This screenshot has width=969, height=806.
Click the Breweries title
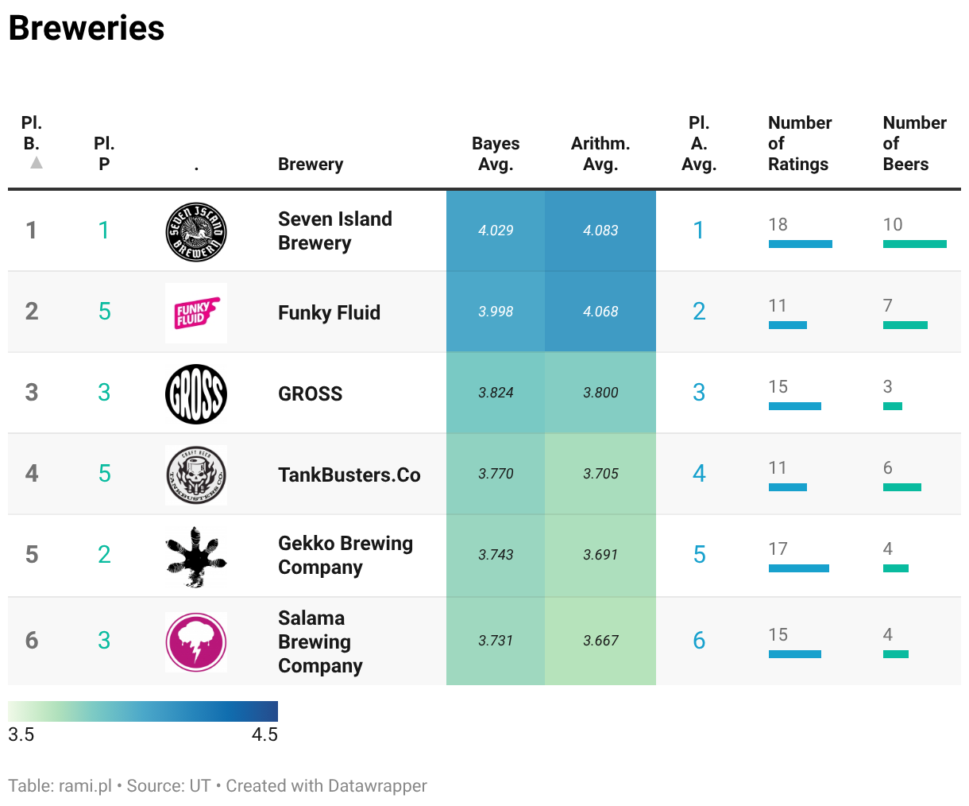click(87, 29)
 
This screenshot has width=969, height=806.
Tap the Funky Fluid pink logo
click(196, 313)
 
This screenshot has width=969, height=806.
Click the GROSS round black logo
click(196, 394)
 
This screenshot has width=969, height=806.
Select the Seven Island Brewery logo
click(196, 232)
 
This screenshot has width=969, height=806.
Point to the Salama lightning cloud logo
click(196, 642)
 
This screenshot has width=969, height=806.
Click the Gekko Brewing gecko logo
click(196, 556)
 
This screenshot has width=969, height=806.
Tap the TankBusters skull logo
click(196, 475)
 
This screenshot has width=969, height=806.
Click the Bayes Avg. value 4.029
click(496, 231)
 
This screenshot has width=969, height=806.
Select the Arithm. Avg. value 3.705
click(600, 474)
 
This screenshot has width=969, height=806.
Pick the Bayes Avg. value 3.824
click(496, 393)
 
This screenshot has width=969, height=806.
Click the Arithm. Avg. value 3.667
click(600, 641)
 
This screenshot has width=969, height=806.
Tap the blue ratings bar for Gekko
click(799, 568)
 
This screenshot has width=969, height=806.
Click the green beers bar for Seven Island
click(915, 244)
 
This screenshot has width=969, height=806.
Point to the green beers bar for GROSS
click(893, 406)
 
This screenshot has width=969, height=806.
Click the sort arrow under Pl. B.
click(37, 163)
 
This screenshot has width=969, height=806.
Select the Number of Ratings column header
click(800, 144)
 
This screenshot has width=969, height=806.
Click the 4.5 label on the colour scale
click(264, 734)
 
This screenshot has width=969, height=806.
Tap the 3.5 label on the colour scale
click(21, 734)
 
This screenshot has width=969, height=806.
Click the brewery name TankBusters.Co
click(349, 475)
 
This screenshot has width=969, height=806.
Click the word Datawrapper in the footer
click(376, 786)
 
